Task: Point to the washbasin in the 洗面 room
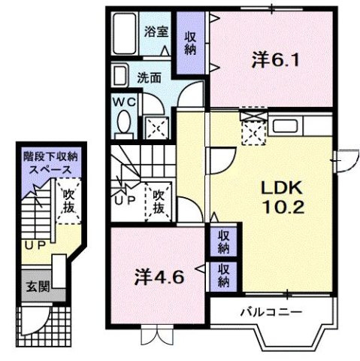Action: click(121, 76)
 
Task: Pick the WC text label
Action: click(123, 100)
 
